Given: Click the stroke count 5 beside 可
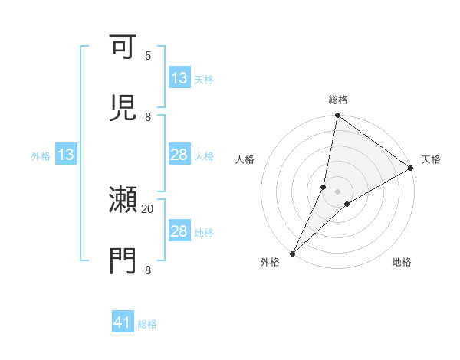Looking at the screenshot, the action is click(x=148, y=56).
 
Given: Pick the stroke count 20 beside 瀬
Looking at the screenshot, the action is click(x=148, y=208).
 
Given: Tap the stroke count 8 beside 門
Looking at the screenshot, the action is click(x=148, y=270).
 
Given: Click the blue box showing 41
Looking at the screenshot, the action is click(x=123, y=323).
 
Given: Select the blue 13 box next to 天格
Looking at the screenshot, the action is click(x=179, y=78).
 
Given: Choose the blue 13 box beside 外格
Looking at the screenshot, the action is click(x=65, y=155).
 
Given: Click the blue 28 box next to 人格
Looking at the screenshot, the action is click(x=179, y=155).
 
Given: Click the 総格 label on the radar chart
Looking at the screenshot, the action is click(x=338, y=100).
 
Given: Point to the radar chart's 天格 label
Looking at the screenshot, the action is click(x=431, y=159).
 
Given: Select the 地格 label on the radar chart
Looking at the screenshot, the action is click(x=402, y=262).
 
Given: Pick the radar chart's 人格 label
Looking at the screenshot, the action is click(x=245, y=159).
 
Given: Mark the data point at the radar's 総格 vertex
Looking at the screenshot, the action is click(x=338, y=116).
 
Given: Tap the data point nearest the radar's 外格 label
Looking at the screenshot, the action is click(x=293, y=253).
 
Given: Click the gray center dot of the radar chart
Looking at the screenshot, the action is click(x=338, y=191).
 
